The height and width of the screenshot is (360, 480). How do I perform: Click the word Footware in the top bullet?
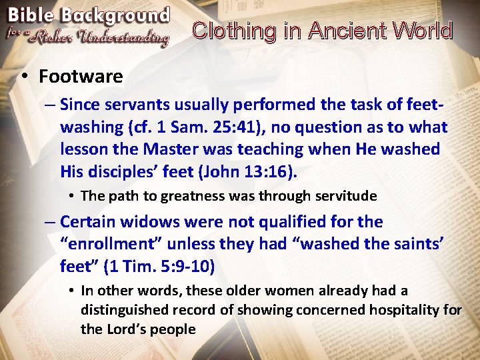(81, 77)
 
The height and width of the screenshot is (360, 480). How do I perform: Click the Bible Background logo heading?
(88, 15)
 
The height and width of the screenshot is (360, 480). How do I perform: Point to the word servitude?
(345, 196)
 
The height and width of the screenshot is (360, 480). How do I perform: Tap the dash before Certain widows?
(50, 221)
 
